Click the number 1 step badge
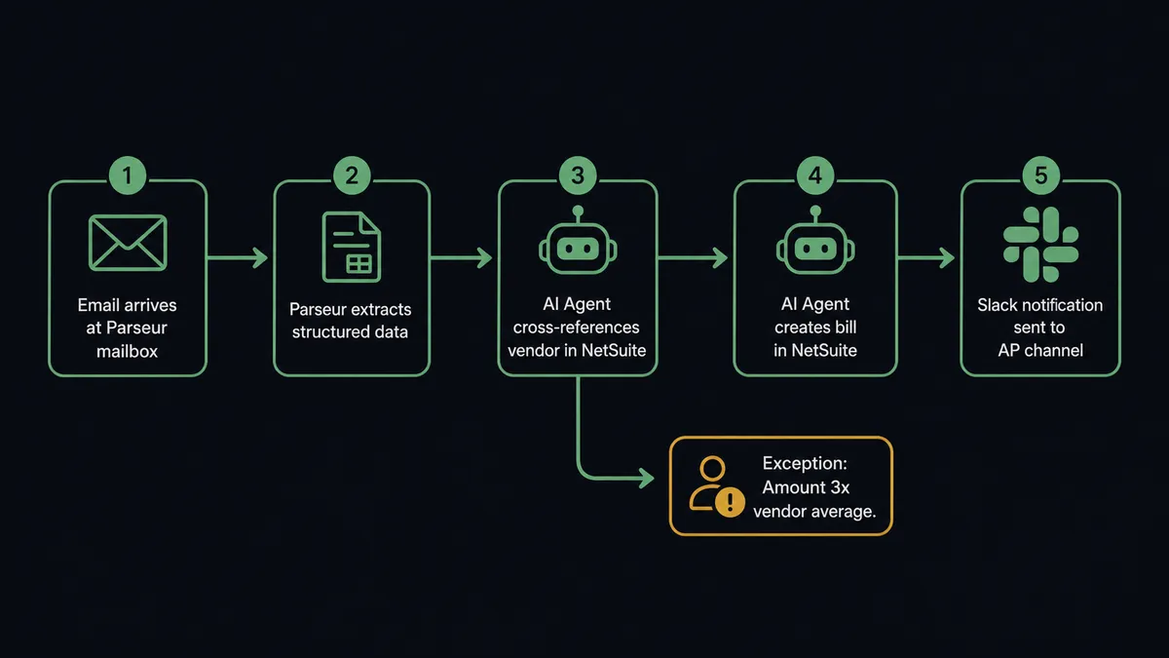tap(128, 175)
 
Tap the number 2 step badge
tap(352, 175)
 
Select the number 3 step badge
tap(578, 175)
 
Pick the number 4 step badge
tap(815, 175)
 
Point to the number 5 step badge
tap(1040, 175)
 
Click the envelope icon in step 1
tap(128, 243)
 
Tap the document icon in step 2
tap(352, 247)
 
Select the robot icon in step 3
tap(578, 240)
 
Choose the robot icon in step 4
tap(815, 240)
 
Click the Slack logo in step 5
tap(1040, 245)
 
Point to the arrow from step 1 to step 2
tap(238, 258)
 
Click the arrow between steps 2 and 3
tap(462, 258)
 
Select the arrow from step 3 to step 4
tap(693, 258)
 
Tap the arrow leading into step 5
tap(926, 258)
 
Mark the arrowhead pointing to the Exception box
tap(647, 478)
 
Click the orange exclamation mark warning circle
tap(730, 502)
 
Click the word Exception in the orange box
tap(805, 463)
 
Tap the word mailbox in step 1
tap(128, 352)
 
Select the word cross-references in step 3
tap(576, 328)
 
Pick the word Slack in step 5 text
tap(993, 305)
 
